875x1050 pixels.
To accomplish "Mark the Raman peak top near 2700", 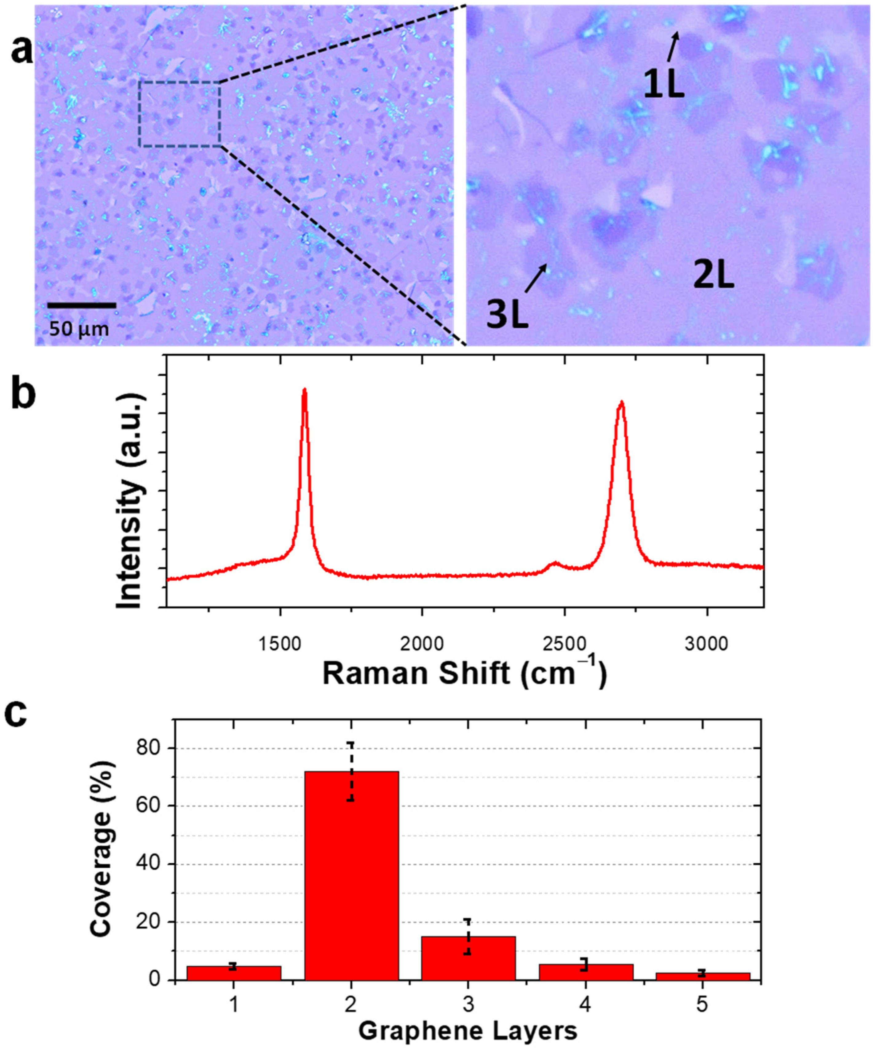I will (621, 402).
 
